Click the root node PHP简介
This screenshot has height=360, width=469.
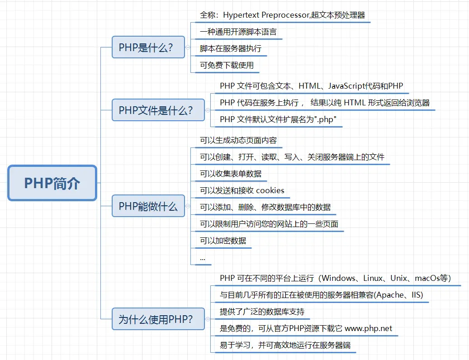click(52, 183)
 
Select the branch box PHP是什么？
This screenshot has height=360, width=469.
click(148, 47)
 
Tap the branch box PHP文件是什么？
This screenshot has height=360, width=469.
click(158, 110)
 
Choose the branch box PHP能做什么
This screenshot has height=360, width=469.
click(148, 207)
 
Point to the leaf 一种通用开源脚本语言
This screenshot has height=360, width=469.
click(238, 32)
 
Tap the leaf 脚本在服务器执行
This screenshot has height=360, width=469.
click(231, 48)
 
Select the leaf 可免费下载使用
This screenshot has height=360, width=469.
click(227, 65)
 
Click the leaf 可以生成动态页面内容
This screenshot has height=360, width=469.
click(238, 140)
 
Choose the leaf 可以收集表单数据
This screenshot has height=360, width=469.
click(231, 174)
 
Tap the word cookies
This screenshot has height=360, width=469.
click(270, 190)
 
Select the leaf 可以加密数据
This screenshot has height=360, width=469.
click(223, 241)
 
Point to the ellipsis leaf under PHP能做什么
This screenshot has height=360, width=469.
click(202, 258)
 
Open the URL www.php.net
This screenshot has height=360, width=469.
click(369, 328)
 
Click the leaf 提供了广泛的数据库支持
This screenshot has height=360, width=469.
click(262, 312)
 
